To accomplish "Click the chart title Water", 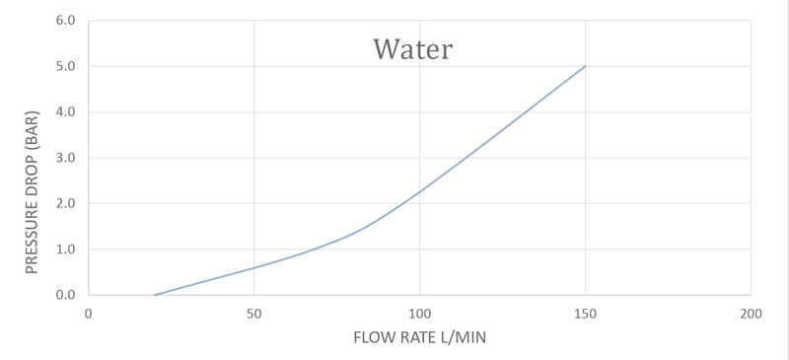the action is coord(412,49).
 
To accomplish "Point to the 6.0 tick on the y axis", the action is coord(65,21).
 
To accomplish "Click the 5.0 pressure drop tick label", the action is coord(65,66).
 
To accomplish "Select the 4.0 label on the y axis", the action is coord(65,112).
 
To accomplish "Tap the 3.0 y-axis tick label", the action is coord(65,158).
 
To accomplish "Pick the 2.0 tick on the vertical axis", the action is coord(65,204).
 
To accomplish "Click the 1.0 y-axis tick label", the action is coord(65,250).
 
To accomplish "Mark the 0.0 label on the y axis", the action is coord(65,295).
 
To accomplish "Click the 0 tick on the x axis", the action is coord(89,315).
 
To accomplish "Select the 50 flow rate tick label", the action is coord(254,315).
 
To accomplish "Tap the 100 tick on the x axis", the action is coord(420,315).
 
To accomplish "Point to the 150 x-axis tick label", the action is coord(585,315).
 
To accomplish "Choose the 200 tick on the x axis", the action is coord(751,315).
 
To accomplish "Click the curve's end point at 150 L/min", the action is coord(585,66).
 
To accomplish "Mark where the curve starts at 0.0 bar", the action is coord(155,295).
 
